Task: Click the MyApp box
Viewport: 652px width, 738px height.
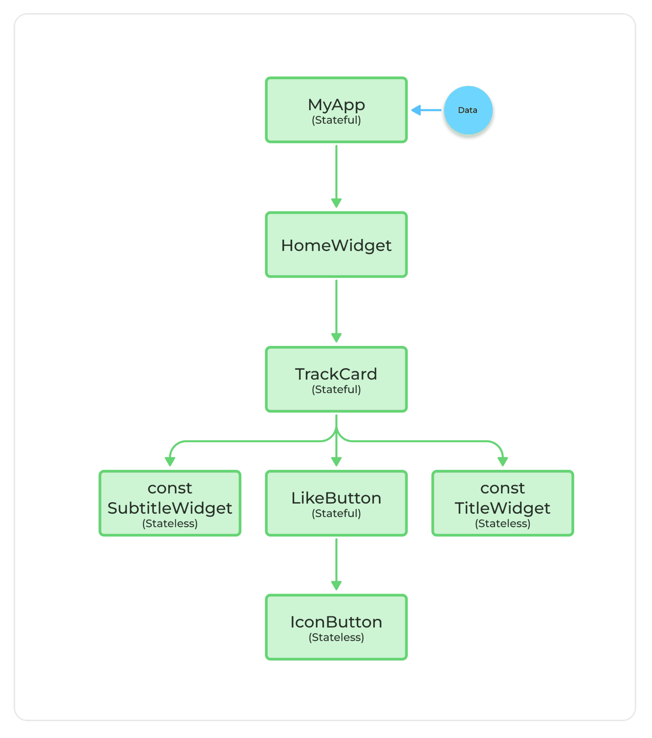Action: click(x=336, y=110)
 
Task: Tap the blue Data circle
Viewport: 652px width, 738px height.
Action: click(x=468, y=110)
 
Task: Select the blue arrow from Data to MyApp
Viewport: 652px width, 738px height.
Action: click(x=427, y=110)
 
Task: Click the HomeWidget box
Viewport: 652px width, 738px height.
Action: click(x=336, y=245)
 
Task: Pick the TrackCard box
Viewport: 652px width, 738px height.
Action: click(x=336, y=379)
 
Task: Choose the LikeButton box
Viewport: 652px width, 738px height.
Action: click(x=336, y=503)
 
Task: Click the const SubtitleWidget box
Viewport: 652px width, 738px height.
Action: click(x=170, y=503)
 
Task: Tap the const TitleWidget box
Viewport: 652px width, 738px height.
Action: click(x=502, y=503)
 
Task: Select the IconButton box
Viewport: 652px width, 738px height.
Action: click(x=336, y=627)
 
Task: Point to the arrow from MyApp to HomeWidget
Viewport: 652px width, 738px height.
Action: click(x=336, y=175)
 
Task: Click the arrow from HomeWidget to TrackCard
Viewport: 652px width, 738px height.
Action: click(x=336, y=309)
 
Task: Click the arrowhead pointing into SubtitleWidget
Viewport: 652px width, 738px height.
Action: click(x=170, y=461)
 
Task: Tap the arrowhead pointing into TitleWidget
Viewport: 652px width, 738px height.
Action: click(x=503, y=461)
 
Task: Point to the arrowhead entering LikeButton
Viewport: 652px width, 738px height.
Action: click(x=336, y=461)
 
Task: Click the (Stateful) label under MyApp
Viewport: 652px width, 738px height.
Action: click(x=336, y=120)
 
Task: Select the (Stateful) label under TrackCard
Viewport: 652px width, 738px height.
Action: click(x=336, y=389)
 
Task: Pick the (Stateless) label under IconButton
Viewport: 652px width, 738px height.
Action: click(x=336, y=637)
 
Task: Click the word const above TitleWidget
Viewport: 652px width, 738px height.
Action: click(x=502, y=488)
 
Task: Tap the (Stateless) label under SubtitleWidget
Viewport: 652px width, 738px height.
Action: click(x=170, y=524)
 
